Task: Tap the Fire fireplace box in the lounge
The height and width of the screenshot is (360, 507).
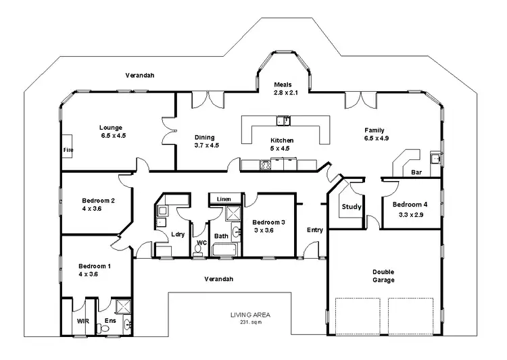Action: point(68,149)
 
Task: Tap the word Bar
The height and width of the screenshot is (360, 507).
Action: point(417,173)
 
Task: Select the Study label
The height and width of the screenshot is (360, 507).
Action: point(351,207)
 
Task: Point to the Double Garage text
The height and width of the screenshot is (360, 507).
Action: point(383,276)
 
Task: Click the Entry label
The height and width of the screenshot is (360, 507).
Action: point(314,230)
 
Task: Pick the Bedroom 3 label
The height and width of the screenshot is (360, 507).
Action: point(269,226)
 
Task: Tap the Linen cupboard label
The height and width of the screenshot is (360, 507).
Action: point(222,199)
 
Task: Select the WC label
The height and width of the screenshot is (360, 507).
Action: point(201,242)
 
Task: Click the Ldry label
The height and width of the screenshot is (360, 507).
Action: point(178,234)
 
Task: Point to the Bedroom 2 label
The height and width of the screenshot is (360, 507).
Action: point(98,205)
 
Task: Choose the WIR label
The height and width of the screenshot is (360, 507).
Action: point(83,322)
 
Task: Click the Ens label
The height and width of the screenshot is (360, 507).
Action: point(110,322)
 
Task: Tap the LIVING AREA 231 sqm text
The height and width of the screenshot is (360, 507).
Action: point(249,317)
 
